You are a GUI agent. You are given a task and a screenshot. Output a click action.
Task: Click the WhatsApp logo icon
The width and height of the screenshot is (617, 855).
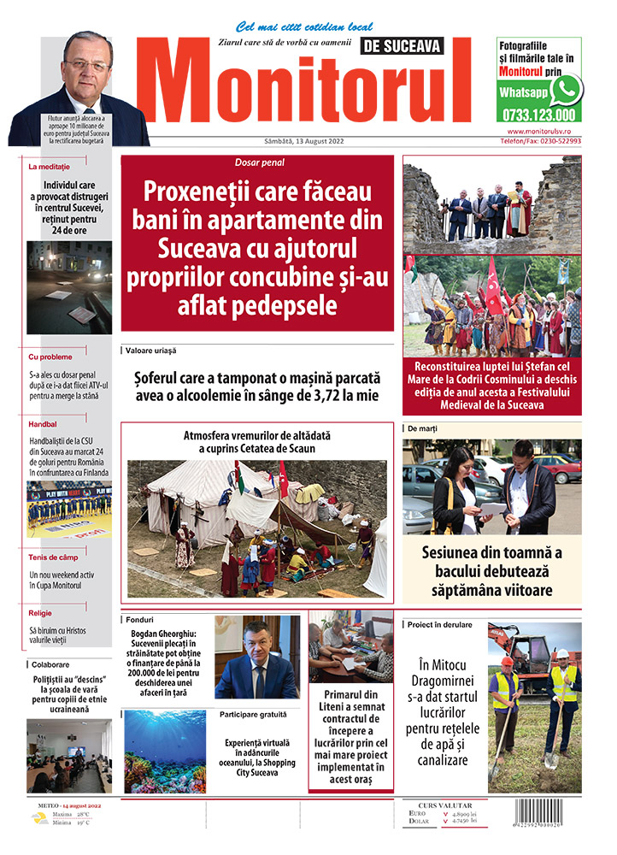click(566, 88)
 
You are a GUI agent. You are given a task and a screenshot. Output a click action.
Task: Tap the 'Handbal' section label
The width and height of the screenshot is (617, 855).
click(43, 422)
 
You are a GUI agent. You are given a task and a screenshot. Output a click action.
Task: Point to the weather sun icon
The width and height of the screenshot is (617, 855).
click(39, 817)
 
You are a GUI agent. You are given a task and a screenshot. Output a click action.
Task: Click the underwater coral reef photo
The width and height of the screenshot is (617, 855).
click(165, 751)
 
